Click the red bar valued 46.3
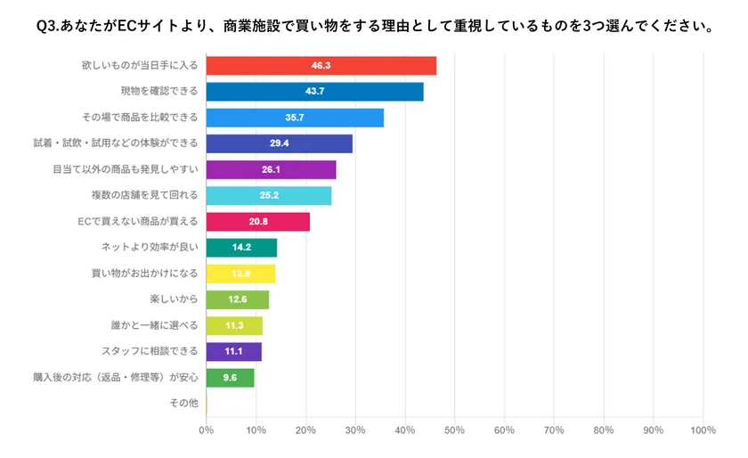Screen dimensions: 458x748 pos(321,66)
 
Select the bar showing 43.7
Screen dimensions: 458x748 pos(314,92)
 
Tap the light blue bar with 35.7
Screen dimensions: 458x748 pos(295,118)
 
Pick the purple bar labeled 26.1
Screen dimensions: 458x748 pos(271,169)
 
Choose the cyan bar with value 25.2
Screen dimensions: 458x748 pos(268,196)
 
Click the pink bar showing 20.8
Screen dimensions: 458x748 pos(257,222)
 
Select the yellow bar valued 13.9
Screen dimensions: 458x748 pos(240,274)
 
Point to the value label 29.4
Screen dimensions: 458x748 pos(279,143)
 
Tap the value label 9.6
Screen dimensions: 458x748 pos(230,378)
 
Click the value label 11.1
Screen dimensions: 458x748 pos(233,352)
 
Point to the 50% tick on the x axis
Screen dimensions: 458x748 pos(454,430)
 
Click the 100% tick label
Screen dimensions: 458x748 pos(702,430)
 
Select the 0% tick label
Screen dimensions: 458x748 pos(207,430)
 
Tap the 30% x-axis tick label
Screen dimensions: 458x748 pos(355,430)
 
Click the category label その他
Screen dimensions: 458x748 pos(183,404)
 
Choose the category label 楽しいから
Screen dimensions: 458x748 pos(175,299)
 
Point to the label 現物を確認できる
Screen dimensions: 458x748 pos(159,92)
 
